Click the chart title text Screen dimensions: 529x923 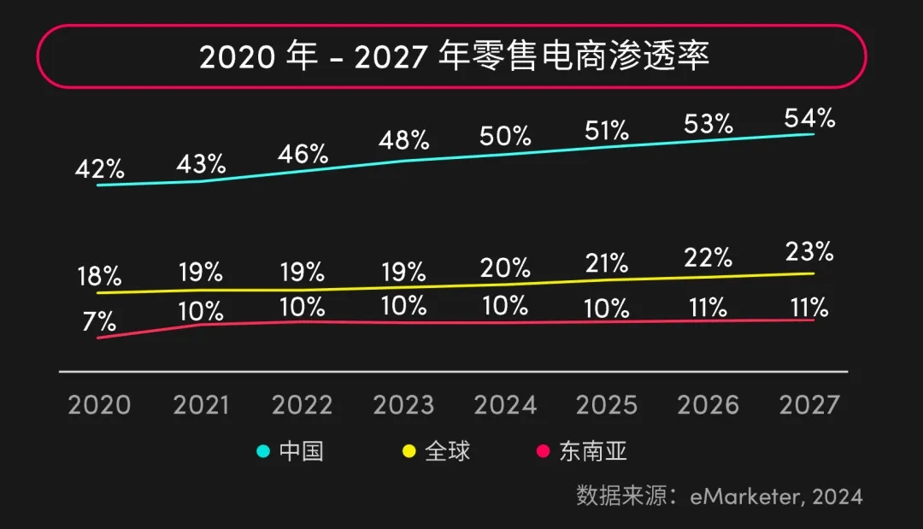tap(455, 56)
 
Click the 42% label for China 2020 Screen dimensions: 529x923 tap(99, 169)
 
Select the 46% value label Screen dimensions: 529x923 tap(303, 155)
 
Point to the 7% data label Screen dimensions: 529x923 tap(99, 321)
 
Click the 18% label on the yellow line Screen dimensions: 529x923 tap(99, 277)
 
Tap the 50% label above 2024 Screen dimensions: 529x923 tap(506, 136)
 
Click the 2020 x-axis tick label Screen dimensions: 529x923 tap(99, 404)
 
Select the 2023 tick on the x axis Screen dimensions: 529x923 tap(403, 404)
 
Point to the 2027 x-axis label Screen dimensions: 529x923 tap(809, 404)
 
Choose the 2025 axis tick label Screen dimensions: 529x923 tap(607, 404)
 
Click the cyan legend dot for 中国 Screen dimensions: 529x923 tap(264, 451)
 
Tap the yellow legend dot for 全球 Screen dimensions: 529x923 tap(409, 451)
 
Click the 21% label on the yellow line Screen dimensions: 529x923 tap(607, 262)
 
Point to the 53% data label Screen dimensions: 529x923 tap(708, 124)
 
